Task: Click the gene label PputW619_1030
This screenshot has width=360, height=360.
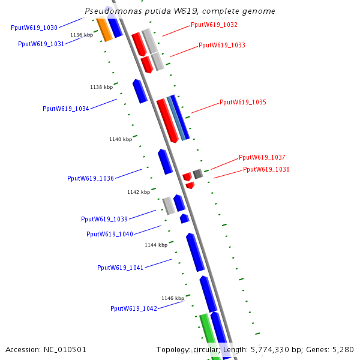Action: coord(34,28)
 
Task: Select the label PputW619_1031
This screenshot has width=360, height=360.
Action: coord(41,44)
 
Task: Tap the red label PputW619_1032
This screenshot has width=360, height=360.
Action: coord(214,25)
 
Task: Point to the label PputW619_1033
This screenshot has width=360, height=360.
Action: coord(222,46)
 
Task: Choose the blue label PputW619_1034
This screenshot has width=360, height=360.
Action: coord(66,109)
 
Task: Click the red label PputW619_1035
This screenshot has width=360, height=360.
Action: coord(243,103)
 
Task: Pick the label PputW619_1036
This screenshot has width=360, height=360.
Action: coord(91,179)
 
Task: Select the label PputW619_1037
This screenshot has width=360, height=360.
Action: coord(262,158)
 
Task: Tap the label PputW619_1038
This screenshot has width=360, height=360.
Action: coord(266,170)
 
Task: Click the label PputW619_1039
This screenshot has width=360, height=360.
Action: coord(104,220)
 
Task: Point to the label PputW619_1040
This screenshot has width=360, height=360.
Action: coord(110,235)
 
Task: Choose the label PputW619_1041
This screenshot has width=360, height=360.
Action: coord(121,268)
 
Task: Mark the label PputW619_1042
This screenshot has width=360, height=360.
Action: coord(134,309)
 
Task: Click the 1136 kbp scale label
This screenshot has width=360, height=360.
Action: coord(82,35)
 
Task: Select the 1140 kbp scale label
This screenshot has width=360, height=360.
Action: coord(121,140)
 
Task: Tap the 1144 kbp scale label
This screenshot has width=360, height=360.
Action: coord(156,245)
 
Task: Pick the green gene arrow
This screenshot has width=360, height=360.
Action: coord(209,336)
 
